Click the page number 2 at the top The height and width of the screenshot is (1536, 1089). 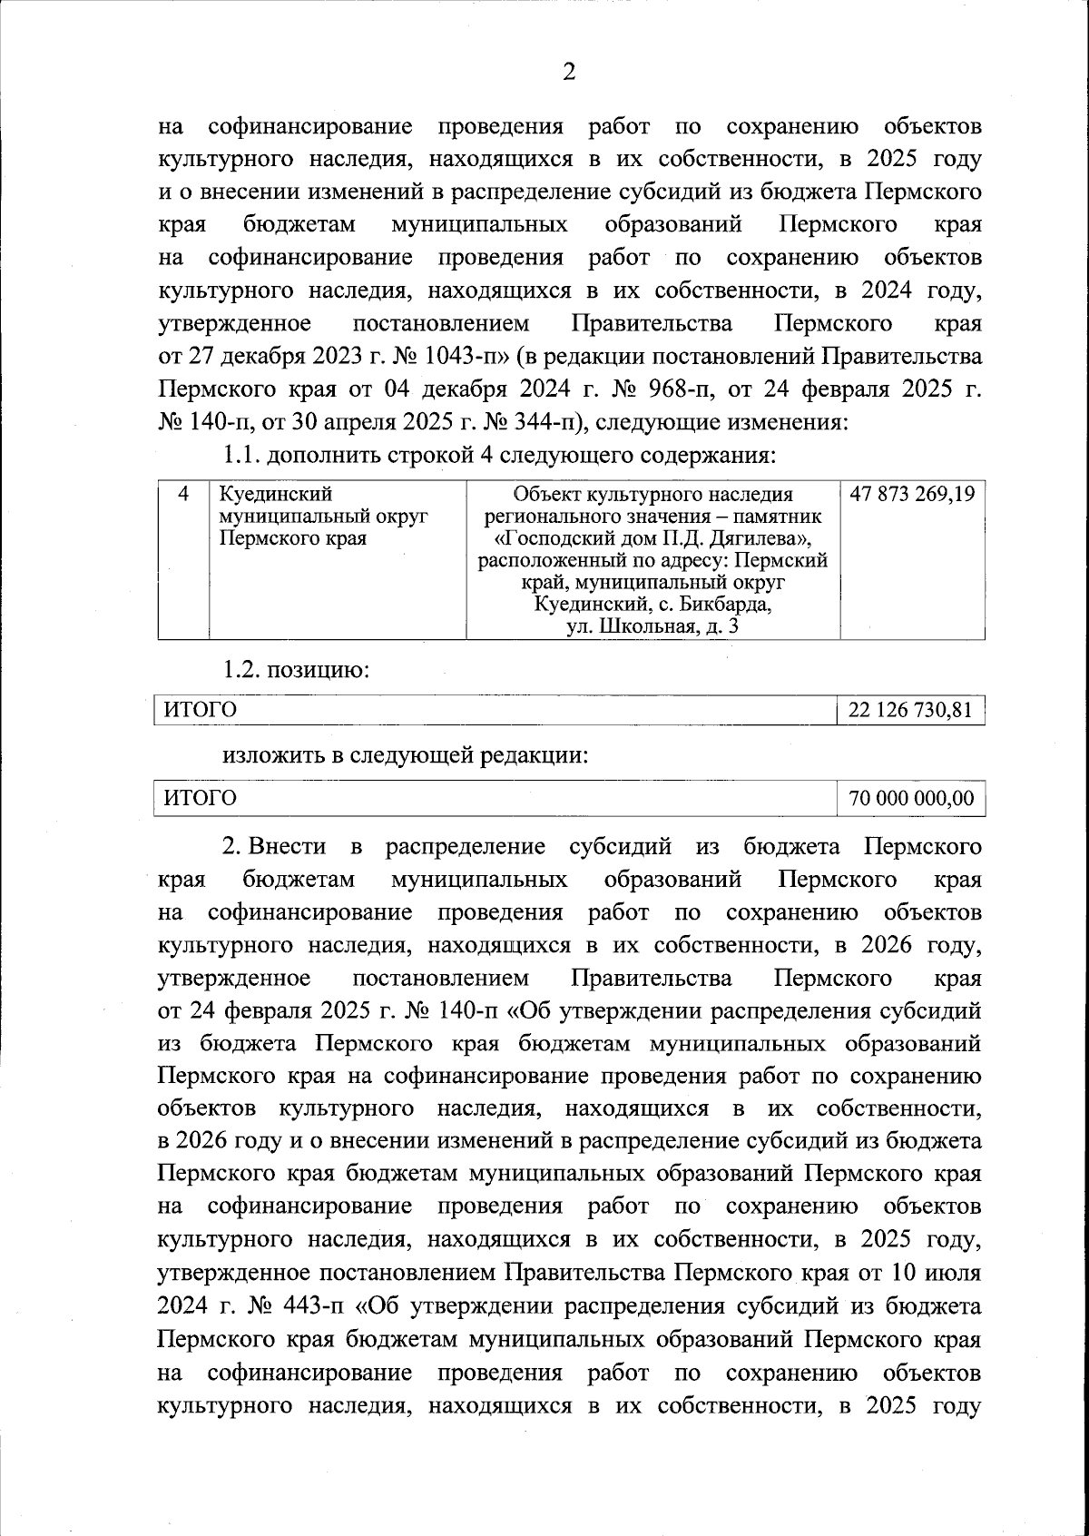[x=569, y=72]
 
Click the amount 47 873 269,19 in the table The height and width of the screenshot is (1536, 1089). [x=912, y=495]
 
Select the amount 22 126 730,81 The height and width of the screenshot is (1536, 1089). [x=910, y=710]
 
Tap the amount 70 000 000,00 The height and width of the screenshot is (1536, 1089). [x=911, y=798]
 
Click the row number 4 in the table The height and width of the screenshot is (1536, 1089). [x=184, y=495]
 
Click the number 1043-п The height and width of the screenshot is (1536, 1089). [x=462, y=356]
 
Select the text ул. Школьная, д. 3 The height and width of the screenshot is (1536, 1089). [x=652, y=626]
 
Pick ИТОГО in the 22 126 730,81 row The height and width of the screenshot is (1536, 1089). [x=200, y=710]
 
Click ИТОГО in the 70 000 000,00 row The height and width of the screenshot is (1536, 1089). [x=200, y=798]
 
